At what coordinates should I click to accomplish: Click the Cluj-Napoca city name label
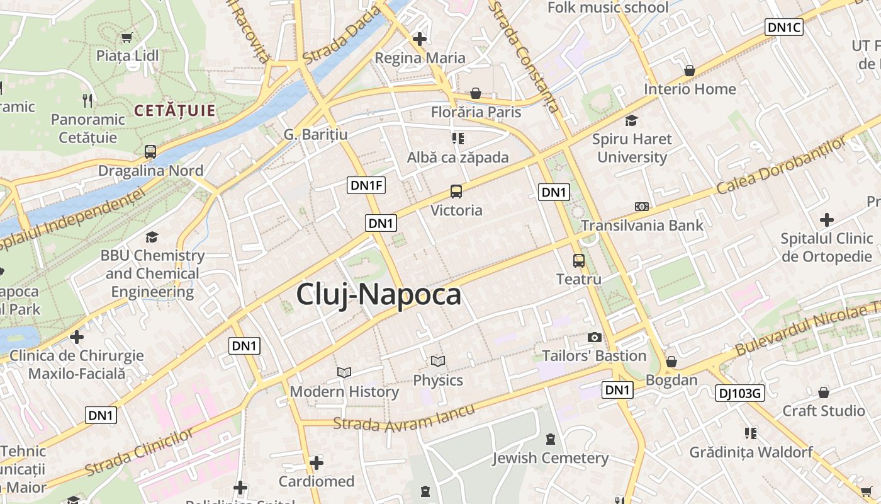[x=378, y=294]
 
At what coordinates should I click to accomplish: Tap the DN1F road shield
[x=366, y=185]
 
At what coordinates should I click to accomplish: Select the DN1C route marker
[x=784, y=27]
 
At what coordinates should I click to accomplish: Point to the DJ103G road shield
[x=739, y=394]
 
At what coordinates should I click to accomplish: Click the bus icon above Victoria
[x=456, y=192]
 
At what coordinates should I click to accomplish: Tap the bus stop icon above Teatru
[x=578, y=260]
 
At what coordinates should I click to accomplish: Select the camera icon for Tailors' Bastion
[x=594, y=338]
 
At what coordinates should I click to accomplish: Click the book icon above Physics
[x=438, y=362]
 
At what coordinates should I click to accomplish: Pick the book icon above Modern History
[x=344, y=372]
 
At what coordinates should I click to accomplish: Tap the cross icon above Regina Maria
[x=420, y=39]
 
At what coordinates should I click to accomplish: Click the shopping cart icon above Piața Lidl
[x=127, y=37]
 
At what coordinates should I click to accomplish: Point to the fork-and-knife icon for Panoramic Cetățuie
[x=87, y=100]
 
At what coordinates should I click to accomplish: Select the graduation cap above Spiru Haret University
[x=631, y=120]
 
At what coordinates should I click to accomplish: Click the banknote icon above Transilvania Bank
[x=641, y=206]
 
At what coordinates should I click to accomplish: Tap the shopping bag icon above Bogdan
[x=671, y=362]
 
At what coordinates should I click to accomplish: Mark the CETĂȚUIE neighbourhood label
[x=174, y=112]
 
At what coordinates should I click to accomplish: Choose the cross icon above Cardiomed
[x=316, y=464]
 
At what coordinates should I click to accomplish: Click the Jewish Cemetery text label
[x=550, y=458]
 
